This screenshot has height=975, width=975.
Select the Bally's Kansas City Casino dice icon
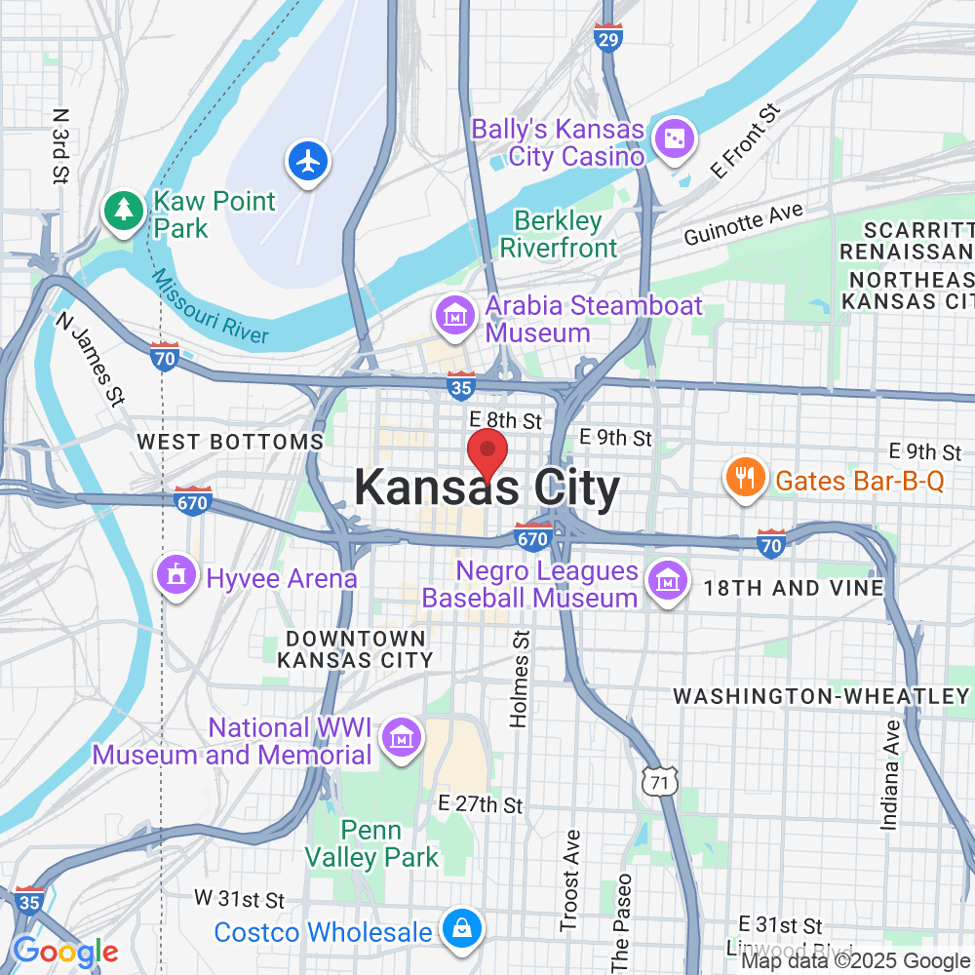point(674,141)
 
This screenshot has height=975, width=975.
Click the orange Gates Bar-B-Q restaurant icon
point(742,477)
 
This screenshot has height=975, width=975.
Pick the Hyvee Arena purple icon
point(176,577)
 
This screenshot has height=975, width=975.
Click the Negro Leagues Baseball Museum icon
point(668,583)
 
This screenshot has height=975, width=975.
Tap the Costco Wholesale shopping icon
point(458,930)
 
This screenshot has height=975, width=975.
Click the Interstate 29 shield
point(607,37)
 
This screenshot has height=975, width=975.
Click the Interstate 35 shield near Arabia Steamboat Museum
point(461,385)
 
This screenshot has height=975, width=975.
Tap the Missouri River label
point(211,307)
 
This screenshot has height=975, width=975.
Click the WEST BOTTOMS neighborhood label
point(230,442)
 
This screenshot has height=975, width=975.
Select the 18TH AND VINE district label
point(794,588)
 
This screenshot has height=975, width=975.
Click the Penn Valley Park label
point(371,844)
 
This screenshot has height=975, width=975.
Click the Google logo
point(65,953)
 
